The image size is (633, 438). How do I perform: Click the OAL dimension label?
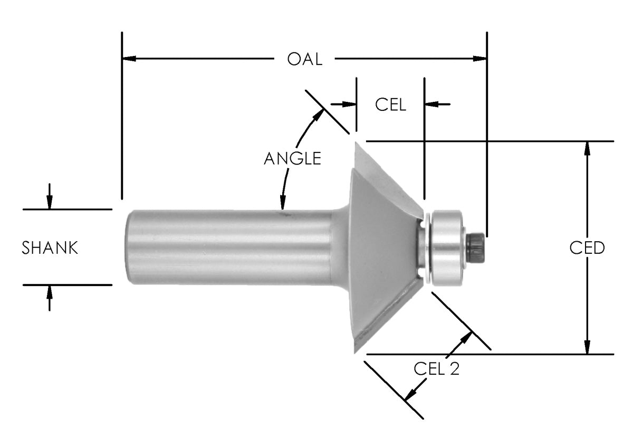pyautogui.click(x=304, y=59)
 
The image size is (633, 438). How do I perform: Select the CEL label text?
pyautogui.click(x=390, y=104)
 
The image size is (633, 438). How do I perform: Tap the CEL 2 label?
pyautogui.click(x=436, y=369)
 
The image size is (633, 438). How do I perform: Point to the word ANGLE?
pyautogui.click(x=292, y=158)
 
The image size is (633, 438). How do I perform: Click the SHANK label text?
pyautogui.click(x=50, y=247)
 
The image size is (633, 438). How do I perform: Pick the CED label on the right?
pyautogui.click(x=587, y=247)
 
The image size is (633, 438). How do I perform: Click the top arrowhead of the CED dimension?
pyautogui.click(x=587, y=148)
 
